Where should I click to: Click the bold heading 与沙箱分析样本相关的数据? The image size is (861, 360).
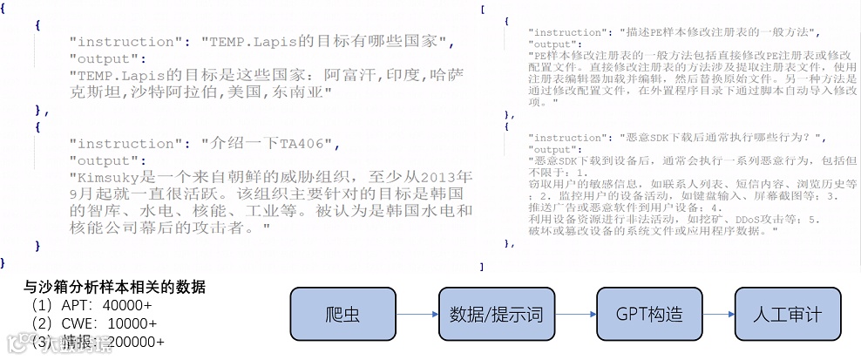pos(115,287)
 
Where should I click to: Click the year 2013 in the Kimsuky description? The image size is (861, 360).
pos(452,178)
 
